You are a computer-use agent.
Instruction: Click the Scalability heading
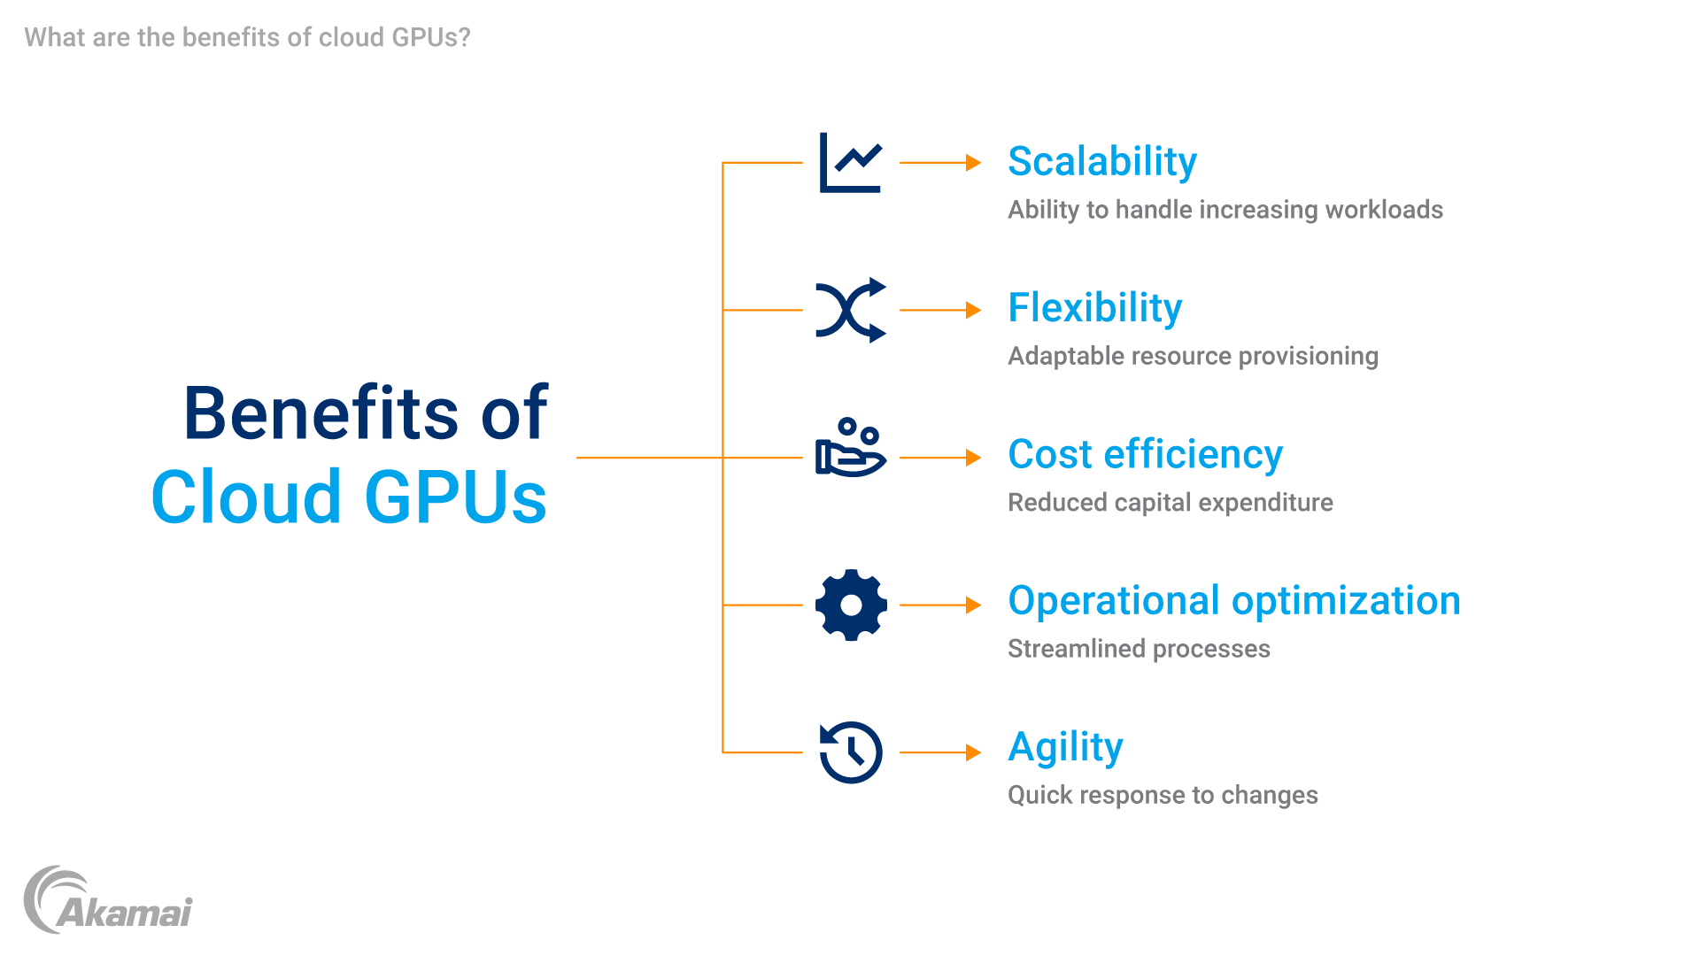[x=1101, y=162]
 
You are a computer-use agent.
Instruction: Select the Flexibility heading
[x=1094, y=308]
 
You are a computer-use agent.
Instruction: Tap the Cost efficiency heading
[x=1145, y=455]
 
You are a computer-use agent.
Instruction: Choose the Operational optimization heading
[x=1233, y=601]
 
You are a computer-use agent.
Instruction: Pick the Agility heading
[x=1065, y=748]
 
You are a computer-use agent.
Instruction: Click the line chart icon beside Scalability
[x=850, y=163]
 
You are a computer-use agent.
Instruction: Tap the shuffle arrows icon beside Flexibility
[x=850, y=310]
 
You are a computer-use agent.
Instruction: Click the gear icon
[x=851, y=605]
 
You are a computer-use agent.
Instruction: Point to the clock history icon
[x=851, y=752]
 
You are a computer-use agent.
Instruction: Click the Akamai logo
[x=108, y=901]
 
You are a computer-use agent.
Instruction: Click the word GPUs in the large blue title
[x=455, y=497]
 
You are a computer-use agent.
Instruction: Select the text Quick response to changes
[x=1163, y=795]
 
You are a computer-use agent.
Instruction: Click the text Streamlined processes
[x=1139, y=649]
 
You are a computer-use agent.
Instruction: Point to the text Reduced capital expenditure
[x=1170, y=503]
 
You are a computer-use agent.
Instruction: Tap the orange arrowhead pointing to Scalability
[x=973, y=163]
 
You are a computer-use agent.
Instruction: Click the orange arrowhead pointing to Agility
[x=973, y=752]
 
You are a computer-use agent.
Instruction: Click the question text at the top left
[x=247, y=37]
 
